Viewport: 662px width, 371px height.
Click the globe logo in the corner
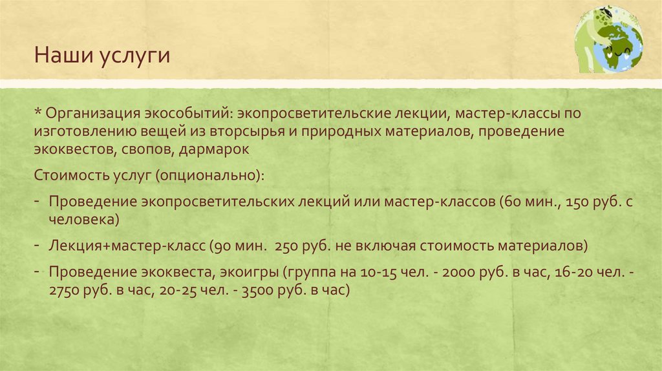click(608, 39)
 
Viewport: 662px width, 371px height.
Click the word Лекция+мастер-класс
click(127, 246)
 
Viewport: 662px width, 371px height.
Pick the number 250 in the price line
click(286, 246)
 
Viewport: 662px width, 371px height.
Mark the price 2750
click(65, 291)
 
